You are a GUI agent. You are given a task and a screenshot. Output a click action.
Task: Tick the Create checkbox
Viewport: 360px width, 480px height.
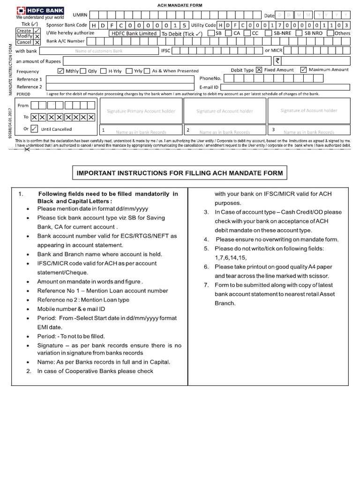37,30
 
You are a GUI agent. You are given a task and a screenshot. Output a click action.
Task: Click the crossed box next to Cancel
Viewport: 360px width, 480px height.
37,42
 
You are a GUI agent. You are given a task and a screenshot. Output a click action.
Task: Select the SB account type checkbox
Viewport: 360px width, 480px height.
211,33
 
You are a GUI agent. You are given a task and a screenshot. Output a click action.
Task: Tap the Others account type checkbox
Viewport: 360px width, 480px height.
330,33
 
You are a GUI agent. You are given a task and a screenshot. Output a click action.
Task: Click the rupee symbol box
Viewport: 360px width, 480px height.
277,60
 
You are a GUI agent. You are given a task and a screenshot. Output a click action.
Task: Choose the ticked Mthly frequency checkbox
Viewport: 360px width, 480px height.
60,71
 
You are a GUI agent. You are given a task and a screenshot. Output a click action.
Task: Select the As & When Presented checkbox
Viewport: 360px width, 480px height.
148,71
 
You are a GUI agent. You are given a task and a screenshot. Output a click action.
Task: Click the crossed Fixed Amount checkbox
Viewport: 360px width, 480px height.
259,70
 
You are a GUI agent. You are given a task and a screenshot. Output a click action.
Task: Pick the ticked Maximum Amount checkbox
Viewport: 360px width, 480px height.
303,70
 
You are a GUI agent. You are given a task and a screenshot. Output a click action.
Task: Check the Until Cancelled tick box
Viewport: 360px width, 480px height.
34,129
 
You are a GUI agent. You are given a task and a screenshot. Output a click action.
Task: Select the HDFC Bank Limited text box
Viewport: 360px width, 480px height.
133,33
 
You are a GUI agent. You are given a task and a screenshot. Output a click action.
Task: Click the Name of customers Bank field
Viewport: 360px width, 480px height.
98,50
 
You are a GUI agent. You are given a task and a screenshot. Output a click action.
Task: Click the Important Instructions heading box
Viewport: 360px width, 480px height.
180,173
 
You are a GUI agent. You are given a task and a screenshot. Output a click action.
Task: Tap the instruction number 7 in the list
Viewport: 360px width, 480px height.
206,285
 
